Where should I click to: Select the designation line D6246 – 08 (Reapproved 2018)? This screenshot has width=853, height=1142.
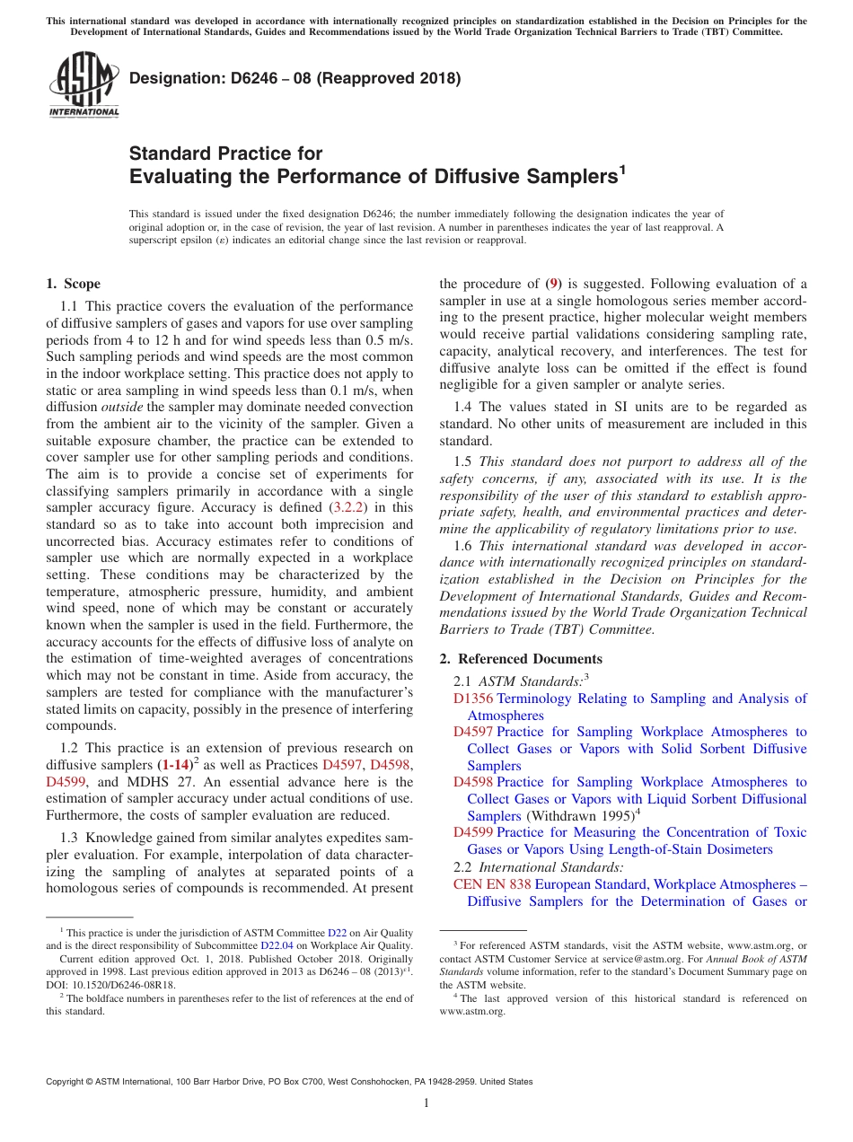pos(295,78)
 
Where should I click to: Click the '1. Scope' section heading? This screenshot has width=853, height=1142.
pos(74,284)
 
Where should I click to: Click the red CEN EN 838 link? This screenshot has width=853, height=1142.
pos(492,884)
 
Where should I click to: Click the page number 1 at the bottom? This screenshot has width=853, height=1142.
pos(426,1103)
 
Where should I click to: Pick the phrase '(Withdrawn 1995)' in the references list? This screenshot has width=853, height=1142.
pos(579,816)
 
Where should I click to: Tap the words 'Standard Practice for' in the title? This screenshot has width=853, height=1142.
pos(226,154)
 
